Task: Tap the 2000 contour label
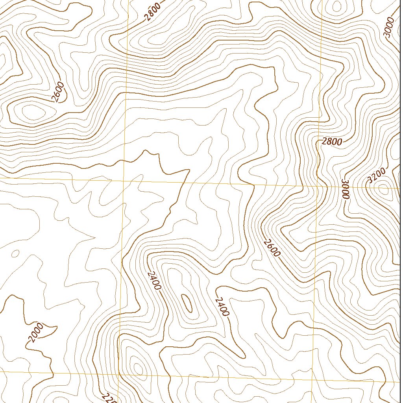point(36,333)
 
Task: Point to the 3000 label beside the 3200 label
point(346,189)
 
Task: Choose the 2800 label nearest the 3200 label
point(332,142)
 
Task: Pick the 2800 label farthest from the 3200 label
point(152,11)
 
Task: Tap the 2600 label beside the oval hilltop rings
point(58,92)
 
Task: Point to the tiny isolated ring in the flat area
point(15,254)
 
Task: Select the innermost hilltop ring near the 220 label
point(138,368)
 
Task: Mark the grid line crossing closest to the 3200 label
point(319,186)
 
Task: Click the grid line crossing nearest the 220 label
point(118,374)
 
